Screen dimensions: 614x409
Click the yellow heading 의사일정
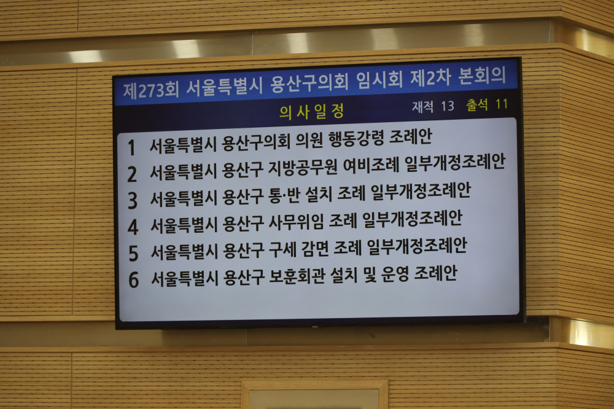[x=312, y=111]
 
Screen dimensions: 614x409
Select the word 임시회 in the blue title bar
[x=379, y=80]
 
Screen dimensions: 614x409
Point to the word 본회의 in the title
[x=482, y=76]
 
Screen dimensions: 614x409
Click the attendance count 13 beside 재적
[x=448, y=106]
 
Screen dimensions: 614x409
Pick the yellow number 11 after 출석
[x=502, y=104]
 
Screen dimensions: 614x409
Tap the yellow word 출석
[x=477, y=104]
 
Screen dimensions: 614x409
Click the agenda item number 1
[x=131, y=148]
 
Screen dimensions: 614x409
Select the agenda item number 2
[x=133, y=174]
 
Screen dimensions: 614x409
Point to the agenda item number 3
[x=133, y=201]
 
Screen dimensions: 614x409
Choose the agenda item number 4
[x=133, y=227]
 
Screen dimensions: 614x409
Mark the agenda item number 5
[x=133, y=253]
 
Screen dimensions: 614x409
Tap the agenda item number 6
[x=134, y=279]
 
